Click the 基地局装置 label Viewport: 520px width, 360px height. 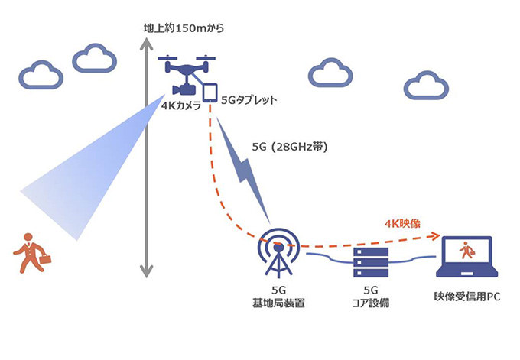coord(278,304)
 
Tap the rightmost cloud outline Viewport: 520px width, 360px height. coord(425,86)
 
